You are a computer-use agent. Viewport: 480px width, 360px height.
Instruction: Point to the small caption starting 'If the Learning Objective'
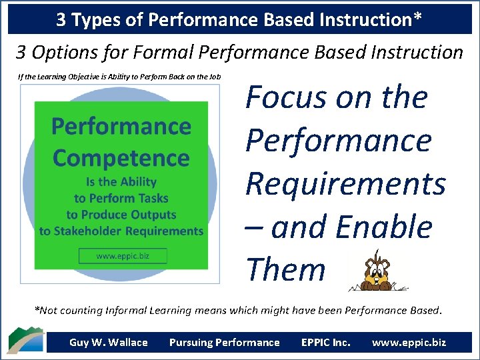tap(119, 76)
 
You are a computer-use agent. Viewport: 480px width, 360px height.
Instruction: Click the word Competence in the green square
tap(121, 158)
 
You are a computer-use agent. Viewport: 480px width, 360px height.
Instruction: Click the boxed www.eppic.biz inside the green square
tap(122, 256)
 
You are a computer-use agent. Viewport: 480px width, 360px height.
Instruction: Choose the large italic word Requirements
tap(345, 183)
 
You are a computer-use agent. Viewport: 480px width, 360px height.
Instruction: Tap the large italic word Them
tap(285, 269)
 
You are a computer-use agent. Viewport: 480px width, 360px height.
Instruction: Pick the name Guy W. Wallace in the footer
tap(109, 343)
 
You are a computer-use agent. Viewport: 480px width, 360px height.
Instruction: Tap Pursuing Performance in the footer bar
tap(225, 343)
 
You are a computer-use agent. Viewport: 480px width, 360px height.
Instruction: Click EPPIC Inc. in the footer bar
tap(325, 343)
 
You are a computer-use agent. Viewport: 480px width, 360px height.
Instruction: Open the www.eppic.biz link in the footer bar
tap(409, 343)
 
